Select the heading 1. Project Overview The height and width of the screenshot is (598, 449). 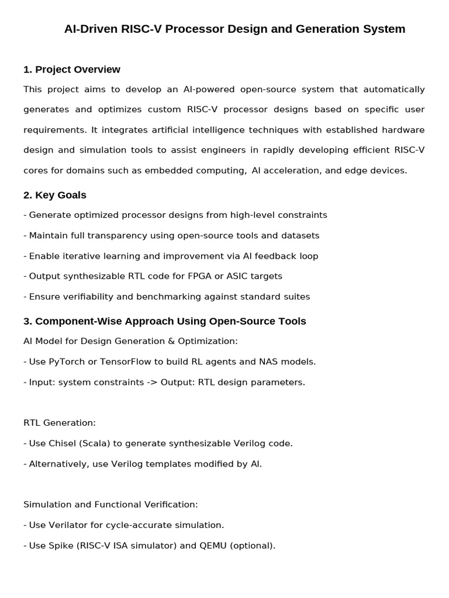click(x=72, y=69)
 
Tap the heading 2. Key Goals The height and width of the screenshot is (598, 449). click(x=55, y=195)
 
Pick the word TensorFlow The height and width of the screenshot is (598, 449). click(x=124, y=361)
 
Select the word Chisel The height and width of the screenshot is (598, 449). click(x=63, y=443)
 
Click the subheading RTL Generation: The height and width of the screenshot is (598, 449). click(x=60, y=422)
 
